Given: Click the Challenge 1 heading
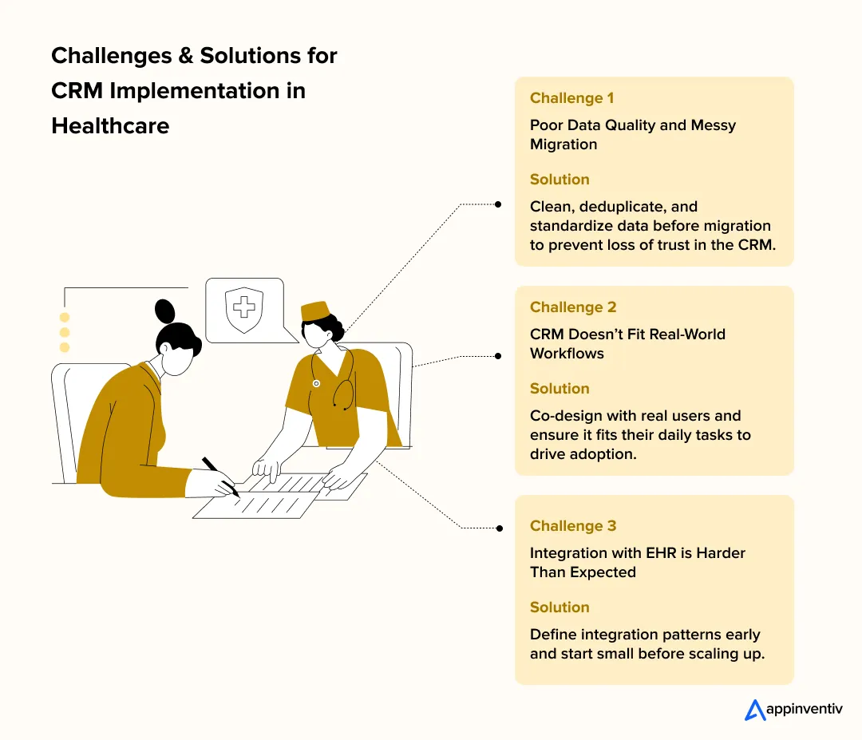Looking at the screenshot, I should click(x=571, y=98).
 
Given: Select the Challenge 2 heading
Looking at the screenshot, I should click(x=573, y=307).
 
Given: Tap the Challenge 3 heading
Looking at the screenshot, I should click(x=573, y=526).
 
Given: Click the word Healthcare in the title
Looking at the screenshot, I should click(x=110, y=125).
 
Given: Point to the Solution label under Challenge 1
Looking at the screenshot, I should click(x=560, y=180).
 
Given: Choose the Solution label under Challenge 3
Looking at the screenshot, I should click(x=560, y=607).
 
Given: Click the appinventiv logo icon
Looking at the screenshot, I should click(x=755, y=710).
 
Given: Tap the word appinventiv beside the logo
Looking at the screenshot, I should click(x=805, y=709).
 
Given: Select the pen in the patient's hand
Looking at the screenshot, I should click(x=219, y=476).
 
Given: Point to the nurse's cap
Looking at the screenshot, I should click(x=314, y=310).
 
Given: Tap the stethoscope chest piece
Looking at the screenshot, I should click(x=316, y=384).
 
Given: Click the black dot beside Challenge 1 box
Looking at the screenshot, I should click(x=498, y=204).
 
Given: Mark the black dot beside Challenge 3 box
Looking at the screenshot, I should click(x=498, y=528).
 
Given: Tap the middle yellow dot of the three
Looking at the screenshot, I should click(x=65, y=332).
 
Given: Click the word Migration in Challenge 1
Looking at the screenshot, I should click(x=563, y=144).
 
